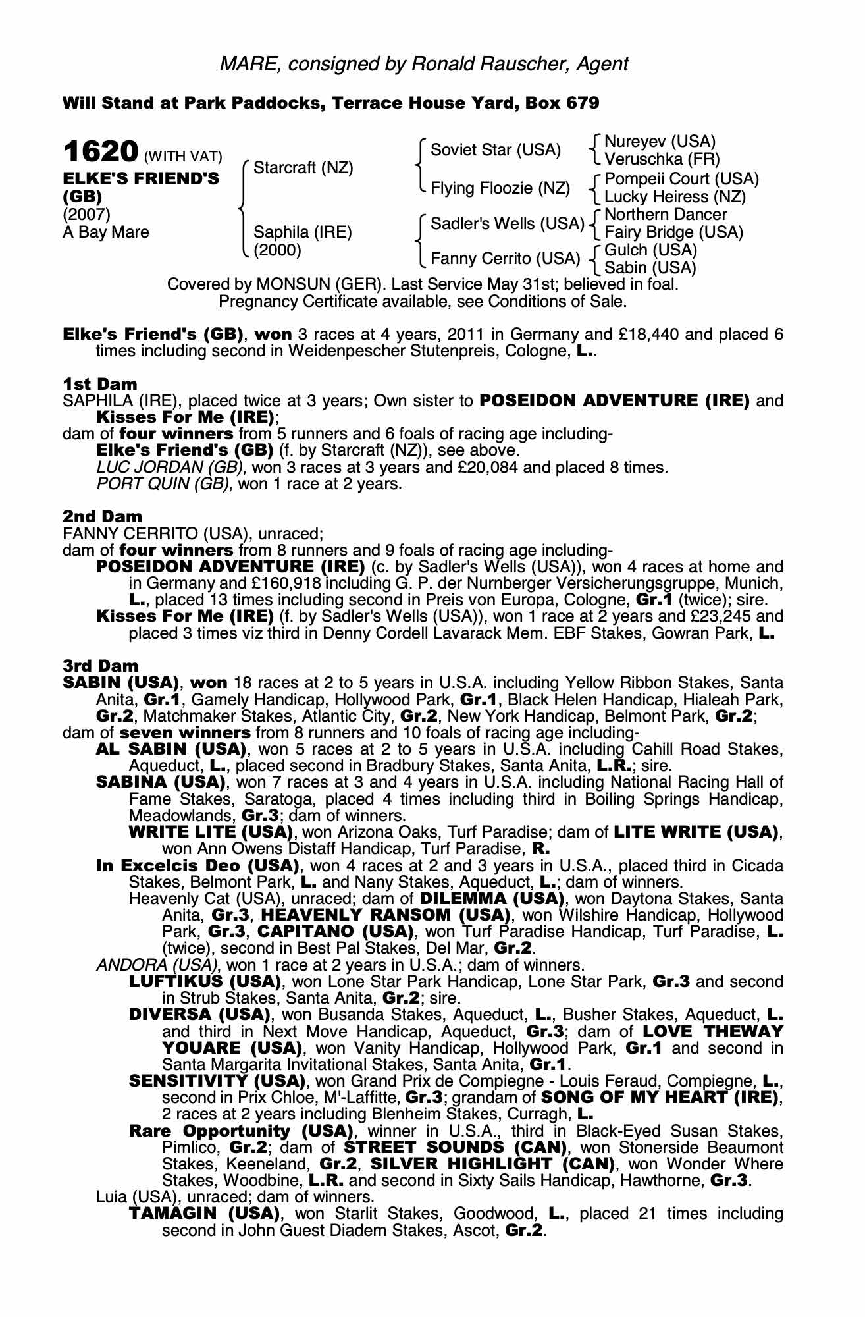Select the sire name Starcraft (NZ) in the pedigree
[303, 168]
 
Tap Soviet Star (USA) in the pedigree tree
[495, 150]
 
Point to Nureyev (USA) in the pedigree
[659, 142]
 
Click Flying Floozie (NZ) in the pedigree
[500, 188]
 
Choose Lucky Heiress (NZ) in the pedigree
[675, 196]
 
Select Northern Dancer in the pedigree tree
[665, 215]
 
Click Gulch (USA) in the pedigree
[650, 250]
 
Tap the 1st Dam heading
[100, 384]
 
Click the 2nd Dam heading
[102, 516]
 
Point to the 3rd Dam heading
[101, 666]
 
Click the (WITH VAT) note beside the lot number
[183, 157]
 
